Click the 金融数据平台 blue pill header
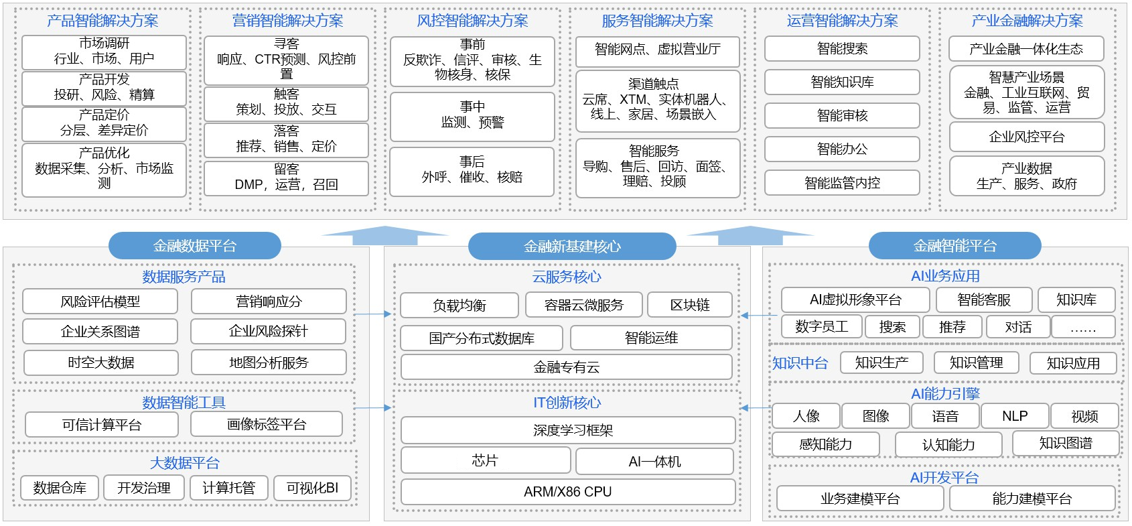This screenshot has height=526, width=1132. tap(194, 246)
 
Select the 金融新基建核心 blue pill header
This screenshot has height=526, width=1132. tap(572, 247)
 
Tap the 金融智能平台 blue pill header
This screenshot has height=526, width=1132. tap(954, 246)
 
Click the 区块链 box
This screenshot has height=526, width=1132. tap(690, 305)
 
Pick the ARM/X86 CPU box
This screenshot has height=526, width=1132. tap(568, 492)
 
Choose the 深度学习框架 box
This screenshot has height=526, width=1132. tap(568, 430)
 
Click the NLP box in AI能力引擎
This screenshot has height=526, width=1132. tap(1015, 415)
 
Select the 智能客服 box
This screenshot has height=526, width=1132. tap(984, 300)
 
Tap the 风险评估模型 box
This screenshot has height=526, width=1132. tap(100, 302)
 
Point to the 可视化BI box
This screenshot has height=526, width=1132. tap(312, 488)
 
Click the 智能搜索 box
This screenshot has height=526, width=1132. tap(842, 48)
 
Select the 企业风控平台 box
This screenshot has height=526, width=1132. tap(1026, 137)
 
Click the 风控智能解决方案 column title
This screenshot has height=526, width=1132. tap(472, 21)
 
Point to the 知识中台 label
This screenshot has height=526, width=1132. tap(800, 363)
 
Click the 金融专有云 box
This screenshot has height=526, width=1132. tap(567, 367)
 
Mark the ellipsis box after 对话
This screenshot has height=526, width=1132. tap(1083, 327)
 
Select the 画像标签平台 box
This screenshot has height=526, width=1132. tap(267, 424)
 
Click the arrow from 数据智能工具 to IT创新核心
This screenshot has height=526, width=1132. tap(372, 407)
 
